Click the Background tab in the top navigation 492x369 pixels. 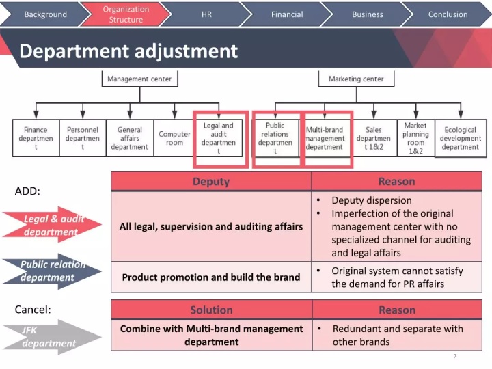pos(45,14)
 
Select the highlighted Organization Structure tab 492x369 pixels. pos(126,14)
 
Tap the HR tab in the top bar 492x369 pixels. pos(206,14)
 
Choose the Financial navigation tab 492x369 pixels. pos(287,14)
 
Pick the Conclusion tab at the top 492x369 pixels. pos(448,14)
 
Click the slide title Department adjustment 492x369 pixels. pos(128,51)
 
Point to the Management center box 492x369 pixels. pos(139,79)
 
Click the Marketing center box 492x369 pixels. pos(356,79)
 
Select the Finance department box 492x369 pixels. pos(36,138)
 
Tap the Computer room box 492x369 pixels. pos(175,138)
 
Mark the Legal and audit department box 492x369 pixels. pos(219,139)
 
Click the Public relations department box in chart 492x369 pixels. pos(275,139)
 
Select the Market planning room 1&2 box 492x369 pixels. pos(415,138)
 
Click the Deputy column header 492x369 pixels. pos(211,181)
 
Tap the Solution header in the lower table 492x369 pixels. pos(211,310)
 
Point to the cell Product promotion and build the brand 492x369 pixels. pos(211,277)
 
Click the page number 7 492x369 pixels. pos(455,356)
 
